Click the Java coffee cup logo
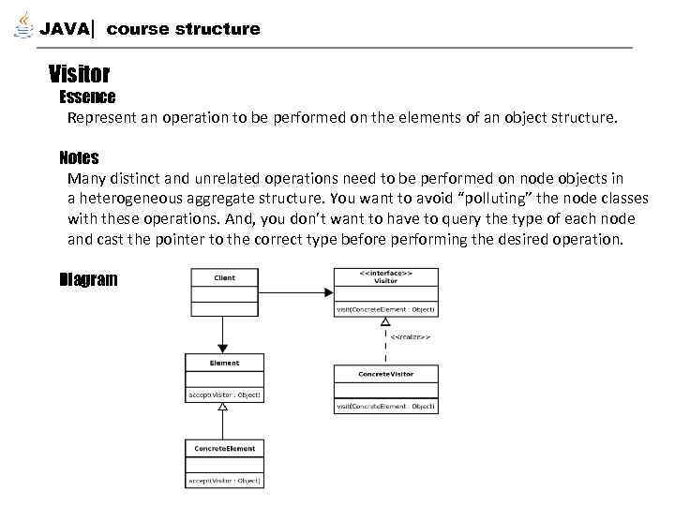[x=22, y=26]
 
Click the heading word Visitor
[x=80, y=73]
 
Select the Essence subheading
[x=87, y=97]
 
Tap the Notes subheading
[x=79, y=157]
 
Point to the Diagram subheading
[x=88, y=279]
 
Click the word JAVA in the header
[x=65, y=29]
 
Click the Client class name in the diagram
[x=225, y=277]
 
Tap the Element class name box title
[x=225, y=363]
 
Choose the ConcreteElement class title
[x=225, y=448]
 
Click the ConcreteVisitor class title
[x=385, y=374]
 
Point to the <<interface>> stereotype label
[x=385, y=273]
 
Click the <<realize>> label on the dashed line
[x=411, y=335]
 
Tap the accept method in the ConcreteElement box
[x=225, y=481]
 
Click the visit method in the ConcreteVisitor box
[x=385, y=406]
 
